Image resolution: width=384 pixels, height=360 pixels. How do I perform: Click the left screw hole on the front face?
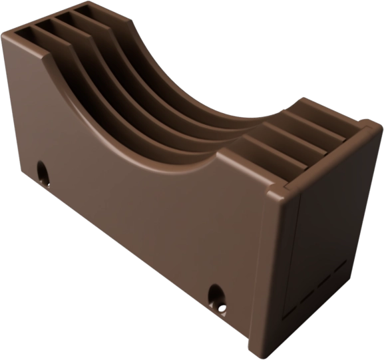coord(44,174)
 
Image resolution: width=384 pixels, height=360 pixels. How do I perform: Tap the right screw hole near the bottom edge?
coord(216,294)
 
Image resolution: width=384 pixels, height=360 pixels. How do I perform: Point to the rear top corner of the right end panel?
coord(369,128)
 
